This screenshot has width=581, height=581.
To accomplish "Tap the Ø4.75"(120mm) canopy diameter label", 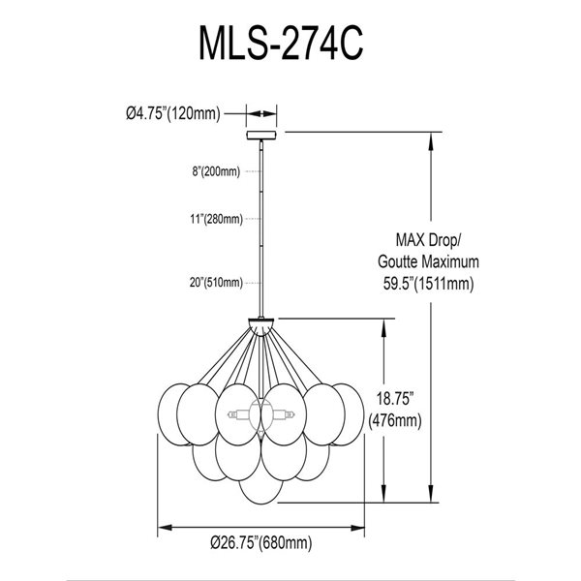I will pyautogui.click(x=173, y=113).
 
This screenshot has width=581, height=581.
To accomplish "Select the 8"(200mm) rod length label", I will pyautogui.click(x=215, y=171).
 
